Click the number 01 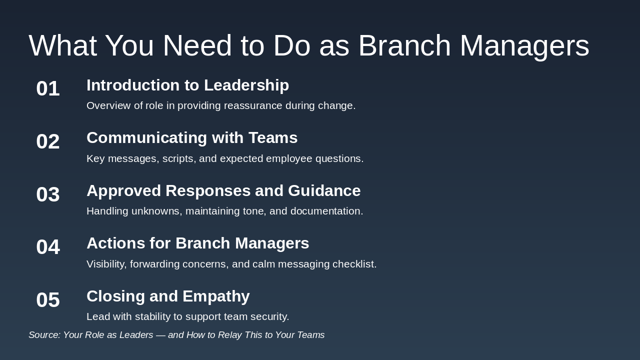[x=48, y=89]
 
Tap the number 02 [x=48, y=141]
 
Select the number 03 [x=48, y=194]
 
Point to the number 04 [x=48, y=247]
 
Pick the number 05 [x=48, y=300]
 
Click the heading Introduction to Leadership [x=187, y=85]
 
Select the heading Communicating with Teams [x=192, y=138]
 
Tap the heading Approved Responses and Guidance [x=223, y=191]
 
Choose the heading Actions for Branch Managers [x=197, y=243]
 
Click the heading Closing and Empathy [x=168, y=296]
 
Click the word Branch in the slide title [x=404, y=45]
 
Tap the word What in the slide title [x=62, y=45]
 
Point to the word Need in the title [x=197, y=45]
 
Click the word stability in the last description [x=161, y=317]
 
